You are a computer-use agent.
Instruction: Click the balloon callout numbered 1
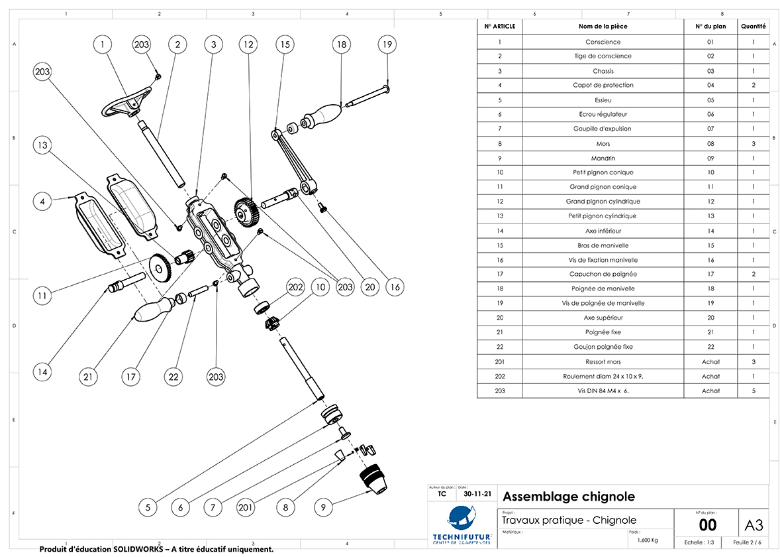[103, 45]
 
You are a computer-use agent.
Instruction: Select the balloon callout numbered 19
[387, 45]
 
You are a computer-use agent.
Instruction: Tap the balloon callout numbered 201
[246, 507]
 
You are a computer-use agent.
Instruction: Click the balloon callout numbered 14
[43, 372]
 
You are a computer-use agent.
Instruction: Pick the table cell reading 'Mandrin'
[603, 158]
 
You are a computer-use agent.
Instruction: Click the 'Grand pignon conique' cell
[603, 187]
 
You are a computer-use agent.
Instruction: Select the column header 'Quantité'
[754, 27]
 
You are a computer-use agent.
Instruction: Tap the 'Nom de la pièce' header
[603, 27]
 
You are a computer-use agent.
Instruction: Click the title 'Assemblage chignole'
[569, 496]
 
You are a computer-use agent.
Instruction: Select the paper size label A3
[754, 525]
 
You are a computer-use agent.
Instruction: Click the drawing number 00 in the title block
[708, 525]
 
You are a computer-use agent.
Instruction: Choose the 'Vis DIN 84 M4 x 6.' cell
[603, 391]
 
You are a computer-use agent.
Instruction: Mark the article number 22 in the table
[500, 347]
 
